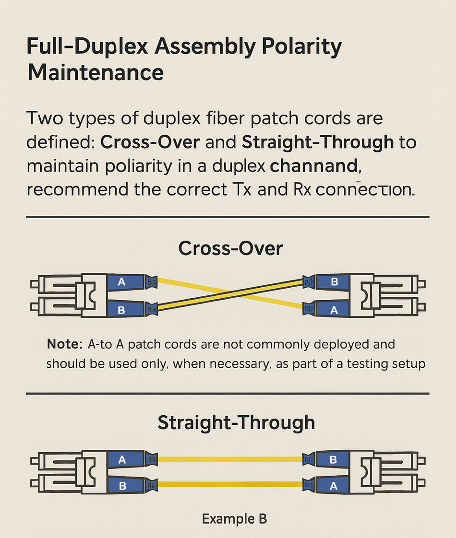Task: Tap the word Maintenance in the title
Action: pyautogui.click(x=96, y=73)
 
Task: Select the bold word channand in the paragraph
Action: pyautogui.click(x=314, y=166)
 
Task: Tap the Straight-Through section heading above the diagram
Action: pyautogui.click(x=236, y=422)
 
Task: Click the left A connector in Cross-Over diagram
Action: pyautogui.click(x=122, y=282)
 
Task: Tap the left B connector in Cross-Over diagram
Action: pyautogui.click(x=121, y=310)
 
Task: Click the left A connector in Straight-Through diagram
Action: pyautogui.click(x=122, y=460)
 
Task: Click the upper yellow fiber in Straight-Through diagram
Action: pyautogui.click(x=230, y=459)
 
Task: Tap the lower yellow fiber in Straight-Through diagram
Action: pyautogui.click(x=230, y=484)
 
